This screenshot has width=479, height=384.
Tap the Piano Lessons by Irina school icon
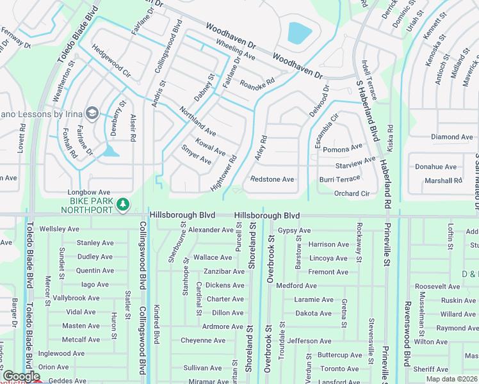[92, 113]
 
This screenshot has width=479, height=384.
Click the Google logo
[20, 376]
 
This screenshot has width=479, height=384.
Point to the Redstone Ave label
[272, 179]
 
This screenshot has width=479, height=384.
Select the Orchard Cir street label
[352, 193]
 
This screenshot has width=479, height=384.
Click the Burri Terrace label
[340, 179]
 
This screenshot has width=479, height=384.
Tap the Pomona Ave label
[343, 148]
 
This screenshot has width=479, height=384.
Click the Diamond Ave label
[451, 137]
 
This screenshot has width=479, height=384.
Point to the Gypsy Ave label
[294, 230]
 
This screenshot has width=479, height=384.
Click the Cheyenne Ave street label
[203, 340]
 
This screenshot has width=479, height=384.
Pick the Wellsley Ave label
[59, 228]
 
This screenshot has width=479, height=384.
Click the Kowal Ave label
[210, 147]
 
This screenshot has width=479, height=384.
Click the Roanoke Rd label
[257, 83]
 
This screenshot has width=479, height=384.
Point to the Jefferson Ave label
[309, 341]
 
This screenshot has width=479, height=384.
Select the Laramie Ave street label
[314, 300]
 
